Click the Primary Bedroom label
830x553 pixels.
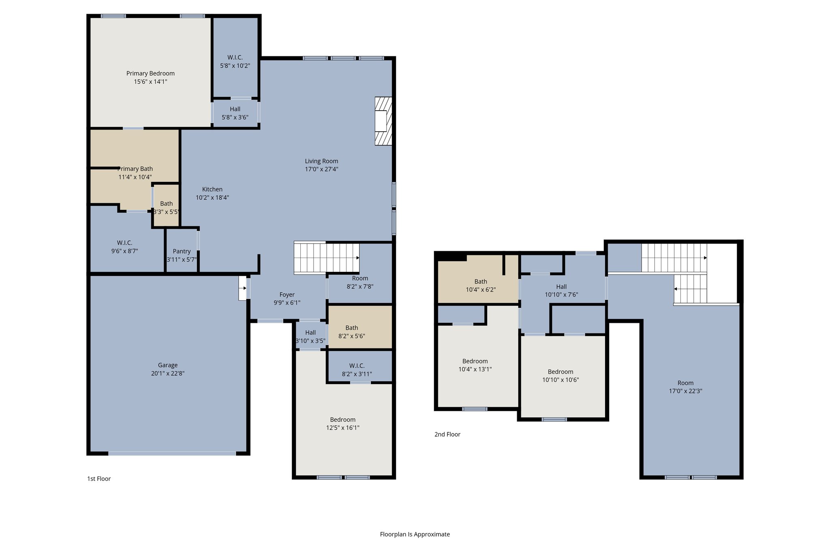click(150, 73)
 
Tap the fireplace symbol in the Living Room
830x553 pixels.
click(383, 121)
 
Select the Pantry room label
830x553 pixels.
click(182, 251)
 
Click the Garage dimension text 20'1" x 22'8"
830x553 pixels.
click(168, 374)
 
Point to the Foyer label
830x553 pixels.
click(287, 295)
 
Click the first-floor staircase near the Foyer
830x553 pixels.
click(326, 258)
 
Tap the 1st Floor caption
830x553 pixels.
click(99, 479)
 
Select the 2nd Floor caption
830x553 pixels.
click(447, 434)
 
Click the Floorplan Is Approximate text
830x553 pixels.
click(415, 534)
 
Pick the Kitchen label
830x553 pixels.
click(212, 189)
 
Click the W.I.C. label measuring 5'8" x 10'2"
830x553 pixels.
click(235, 58)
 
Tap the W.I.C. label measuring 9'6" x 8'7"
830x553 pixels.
click(124, 243)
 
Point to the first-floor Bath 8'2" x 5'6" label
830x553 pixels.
click(352, 328)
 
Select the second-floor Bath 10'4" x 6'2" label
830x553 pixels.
click(481, 282)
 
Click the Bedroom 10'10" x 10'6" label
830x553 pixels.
click(560, 372)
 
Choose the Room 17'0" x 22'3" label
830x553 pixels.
click(685, 383)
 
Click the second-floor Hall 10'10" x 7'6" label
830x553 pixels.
click(561, 286)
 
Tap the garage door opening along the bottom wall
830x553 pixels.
click(172, 453)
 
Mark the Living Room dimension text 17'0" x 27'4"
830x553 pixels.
click(321, 169)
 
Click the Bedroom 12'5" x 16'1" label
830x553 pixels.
click(343, 420)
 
